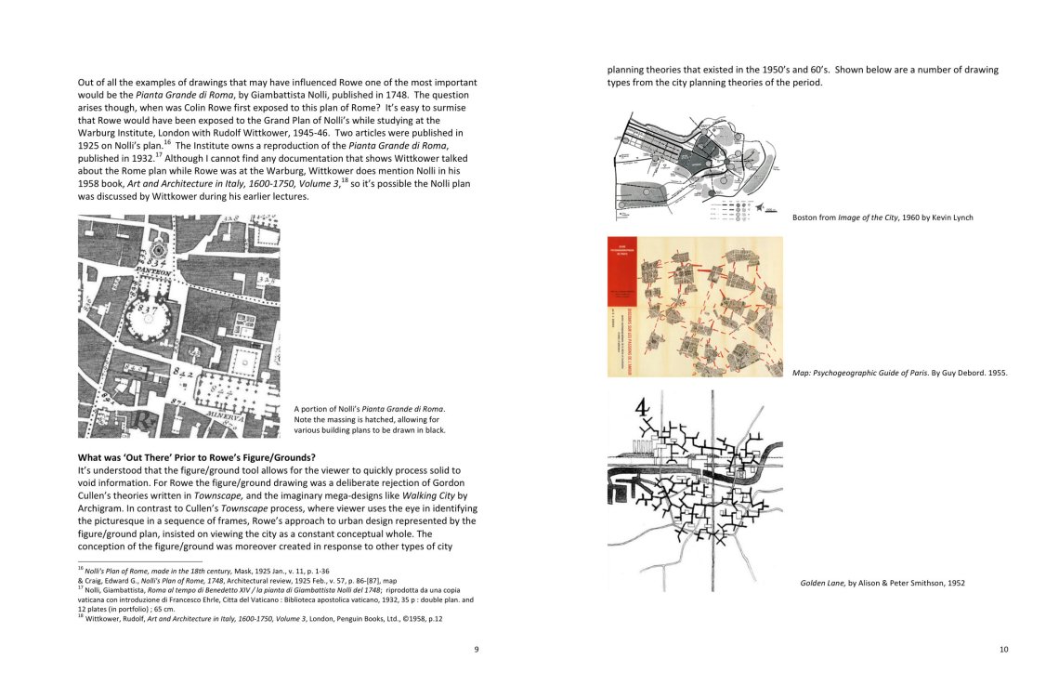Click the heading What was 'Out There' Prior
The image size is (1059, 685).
coord(196,457)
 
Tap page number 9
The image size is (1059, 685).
coord(477,650)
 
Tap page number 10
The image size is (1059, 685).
coord(1003,650)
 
